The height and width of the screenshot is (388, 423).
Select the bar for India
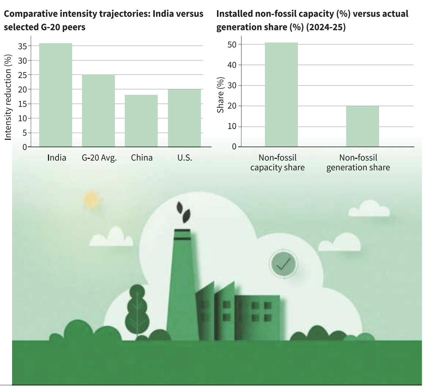coord(56,95)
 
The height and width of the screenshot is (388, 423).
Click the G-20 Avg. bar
coord(98,111)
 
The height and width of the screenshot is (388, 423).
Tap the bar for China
coord(141,121)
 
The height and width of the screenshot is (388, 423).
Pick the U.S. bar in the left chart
coord(184,118)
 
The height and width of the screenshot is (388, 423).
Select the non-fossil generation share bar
coord(363,126)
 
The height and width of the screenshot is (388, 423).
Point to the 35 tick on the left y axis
coord(22,46)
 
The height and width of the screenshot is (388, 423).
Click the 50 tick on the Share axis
coord(232,45)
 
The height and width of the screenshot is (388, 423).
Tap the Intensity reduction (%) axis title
coord(8,97)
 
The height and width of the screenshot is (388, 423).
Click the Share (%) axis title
coord(220,95)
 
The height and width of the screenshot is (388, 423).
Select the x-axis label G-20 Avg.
coord(99,158)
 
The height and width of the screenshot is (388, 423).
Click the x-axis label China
coord(142,158)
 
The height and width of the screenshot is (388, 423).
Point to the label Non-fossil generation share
coord(358,163)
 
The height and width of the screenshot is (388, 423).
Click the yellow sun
coord(91,200)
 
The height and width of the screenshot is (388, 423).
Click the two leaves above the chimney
coord(183,212)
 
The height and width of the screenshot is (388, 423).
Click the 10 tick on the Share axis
coord(232,127)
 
